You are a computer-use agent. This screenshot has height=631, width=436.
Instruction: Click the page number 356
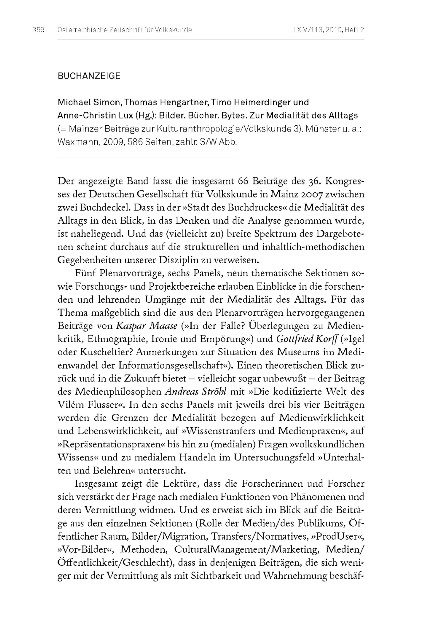click(38, 30)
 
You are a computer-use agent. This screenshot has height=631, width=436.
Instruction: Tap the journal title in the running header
click(124, 30)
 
